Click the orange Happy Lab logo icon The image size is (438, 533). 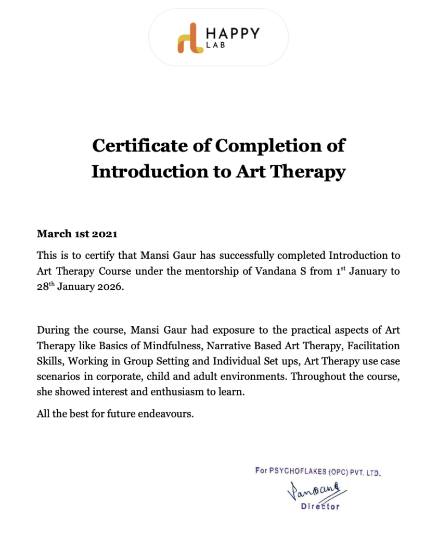(x=190, y=38)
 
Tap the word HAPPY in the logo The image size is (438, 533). (x=233, y=33)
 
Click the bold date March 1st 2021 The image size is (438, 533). (x=77, y=234)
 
